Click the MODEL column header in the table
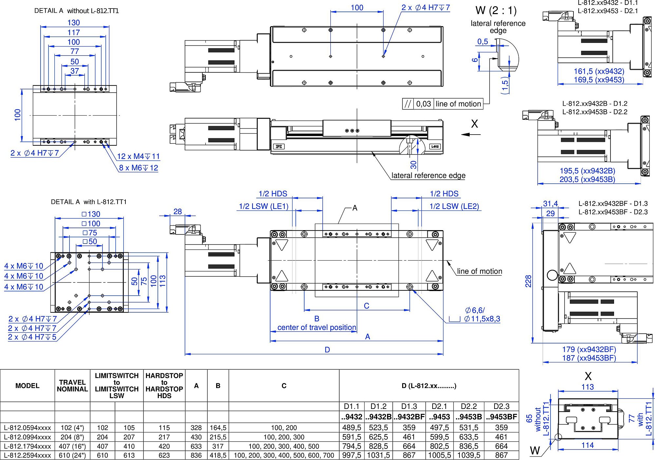(x=27, y=386)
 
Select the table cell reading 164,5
(x=218, y=428)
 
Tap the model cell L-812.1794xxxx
(x=28, y=446)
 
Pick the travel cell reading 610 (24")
(x=72, y=455)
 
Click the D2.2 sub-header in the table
(x=469, y=406)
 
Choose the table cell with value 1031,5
(x=378, y=455)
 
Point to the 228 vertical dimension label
(x=528, y=281)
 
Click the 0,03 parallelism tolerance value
(x=423, y=104)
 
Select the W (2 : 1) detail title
(x=496, y=10)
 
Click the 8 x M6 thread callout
(x=139, y=168)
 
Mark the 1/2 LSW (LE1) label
(x=264, y=206)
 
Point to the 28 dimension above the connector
(x=178, y=212)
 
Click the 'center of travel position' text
(x=317, y=327)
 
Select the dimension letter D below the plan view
(x=327, y=350)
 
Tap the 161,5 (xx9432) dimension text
(x=599, y=71)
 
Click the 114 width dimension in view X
(x=588, y=445)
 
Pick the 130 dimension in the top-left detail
(x=74, y=23)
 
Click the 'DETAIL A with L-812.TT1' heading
(x=88, y=202)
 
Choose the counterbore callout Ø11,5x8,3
(x=482, y=319)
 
